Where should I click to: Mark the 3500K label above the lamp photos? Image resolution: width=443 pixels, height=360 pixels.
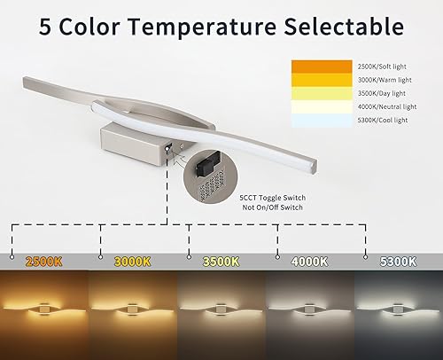pos(220,262)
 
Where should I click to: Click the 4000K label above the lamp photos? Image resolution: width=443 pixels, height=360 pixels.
pos(310,262)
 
